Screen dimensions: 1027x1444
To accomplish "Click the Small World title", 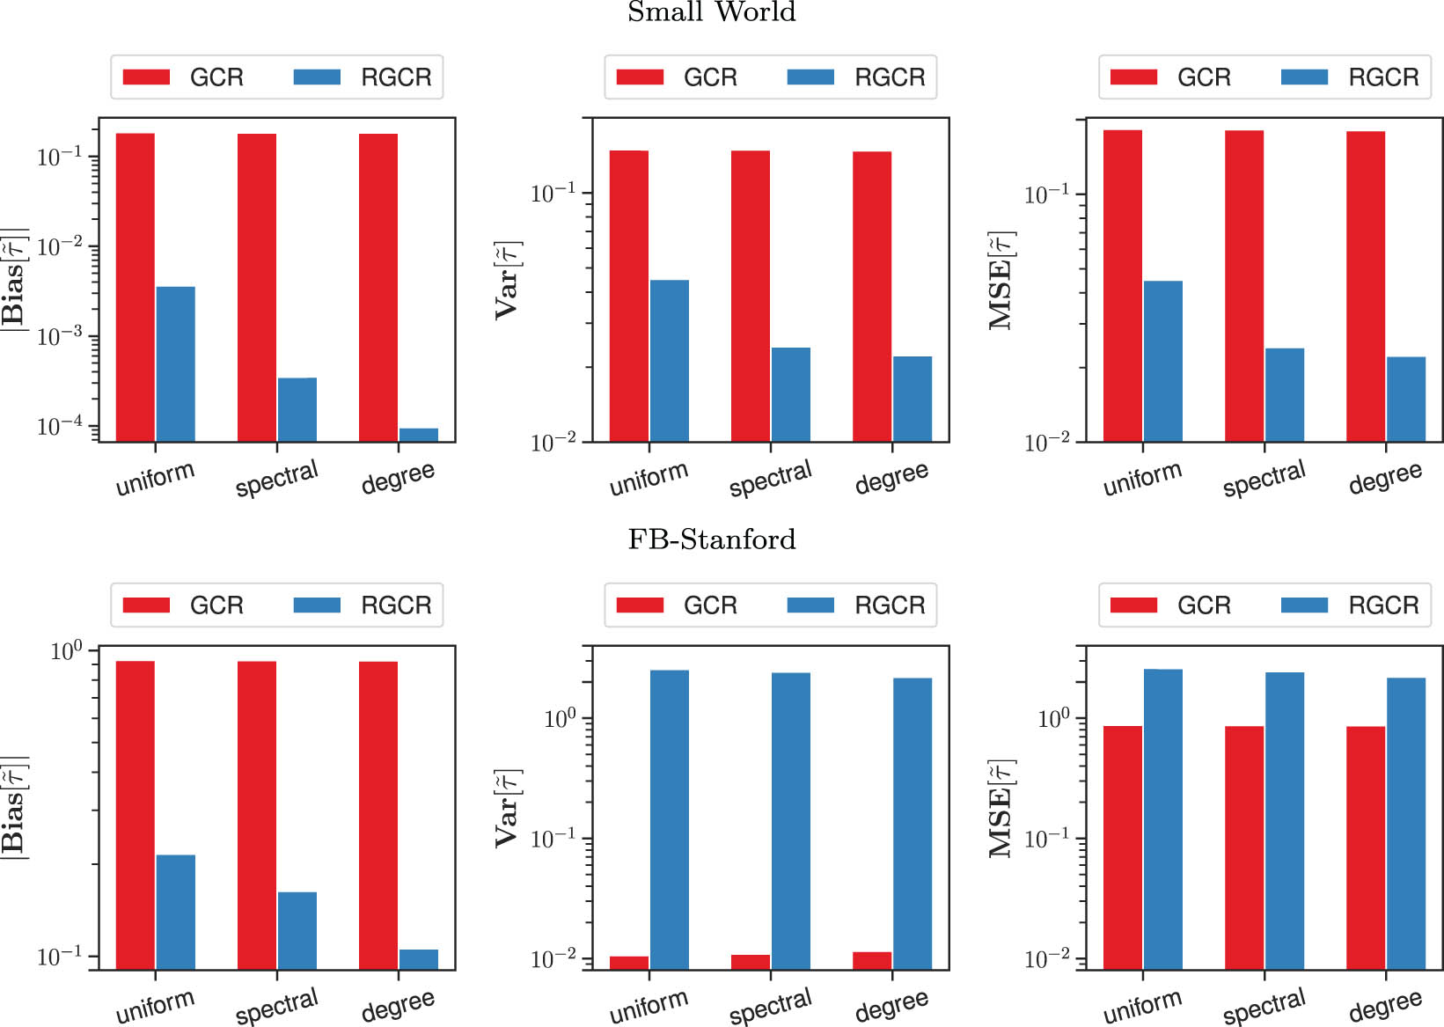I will [711, 12].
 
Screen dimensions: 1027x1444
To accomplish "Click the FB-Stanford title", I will [711, 539].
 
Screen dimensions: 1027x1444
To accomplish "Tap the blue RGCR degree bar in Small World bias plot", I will [418, 435].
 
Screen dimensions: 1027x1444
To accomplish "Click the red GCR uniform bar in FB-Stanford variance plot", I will [629, 963].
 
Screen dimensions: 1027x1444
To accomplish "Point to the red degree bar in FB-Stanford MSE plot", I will [1365, 847].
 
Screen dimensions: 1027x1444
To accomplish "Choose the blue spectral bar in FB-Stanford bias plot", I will [297, 930].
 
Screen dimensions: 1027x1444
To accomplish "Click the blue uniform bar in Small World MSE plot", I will [1162, 361].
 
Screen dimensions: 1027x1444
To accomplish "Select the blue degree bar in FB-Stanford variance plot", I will [913, 823].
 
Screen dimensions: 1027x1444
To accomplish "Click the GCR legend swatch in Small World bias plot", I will [146, 77].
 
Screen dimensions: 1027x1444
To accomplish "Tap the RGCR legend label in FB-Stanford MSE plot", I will [1383, 605].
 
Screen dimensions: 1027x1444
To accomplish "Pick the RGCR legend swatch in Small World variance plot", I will [810, 77].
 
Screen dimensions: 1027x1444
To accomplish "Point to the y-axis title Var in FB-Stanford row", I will [508, 808].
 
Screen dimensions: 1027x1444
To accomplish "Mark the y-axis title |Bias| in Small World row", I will [14, 279].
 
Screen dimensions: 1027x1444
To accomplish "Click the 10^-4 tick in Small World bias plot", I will [60, 427].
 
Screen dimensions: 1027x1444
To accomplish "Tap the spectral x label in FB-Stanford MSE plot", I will [1264, 1006].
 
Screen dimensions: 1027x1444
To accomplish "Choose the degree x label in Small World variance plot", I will [891, 477].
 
